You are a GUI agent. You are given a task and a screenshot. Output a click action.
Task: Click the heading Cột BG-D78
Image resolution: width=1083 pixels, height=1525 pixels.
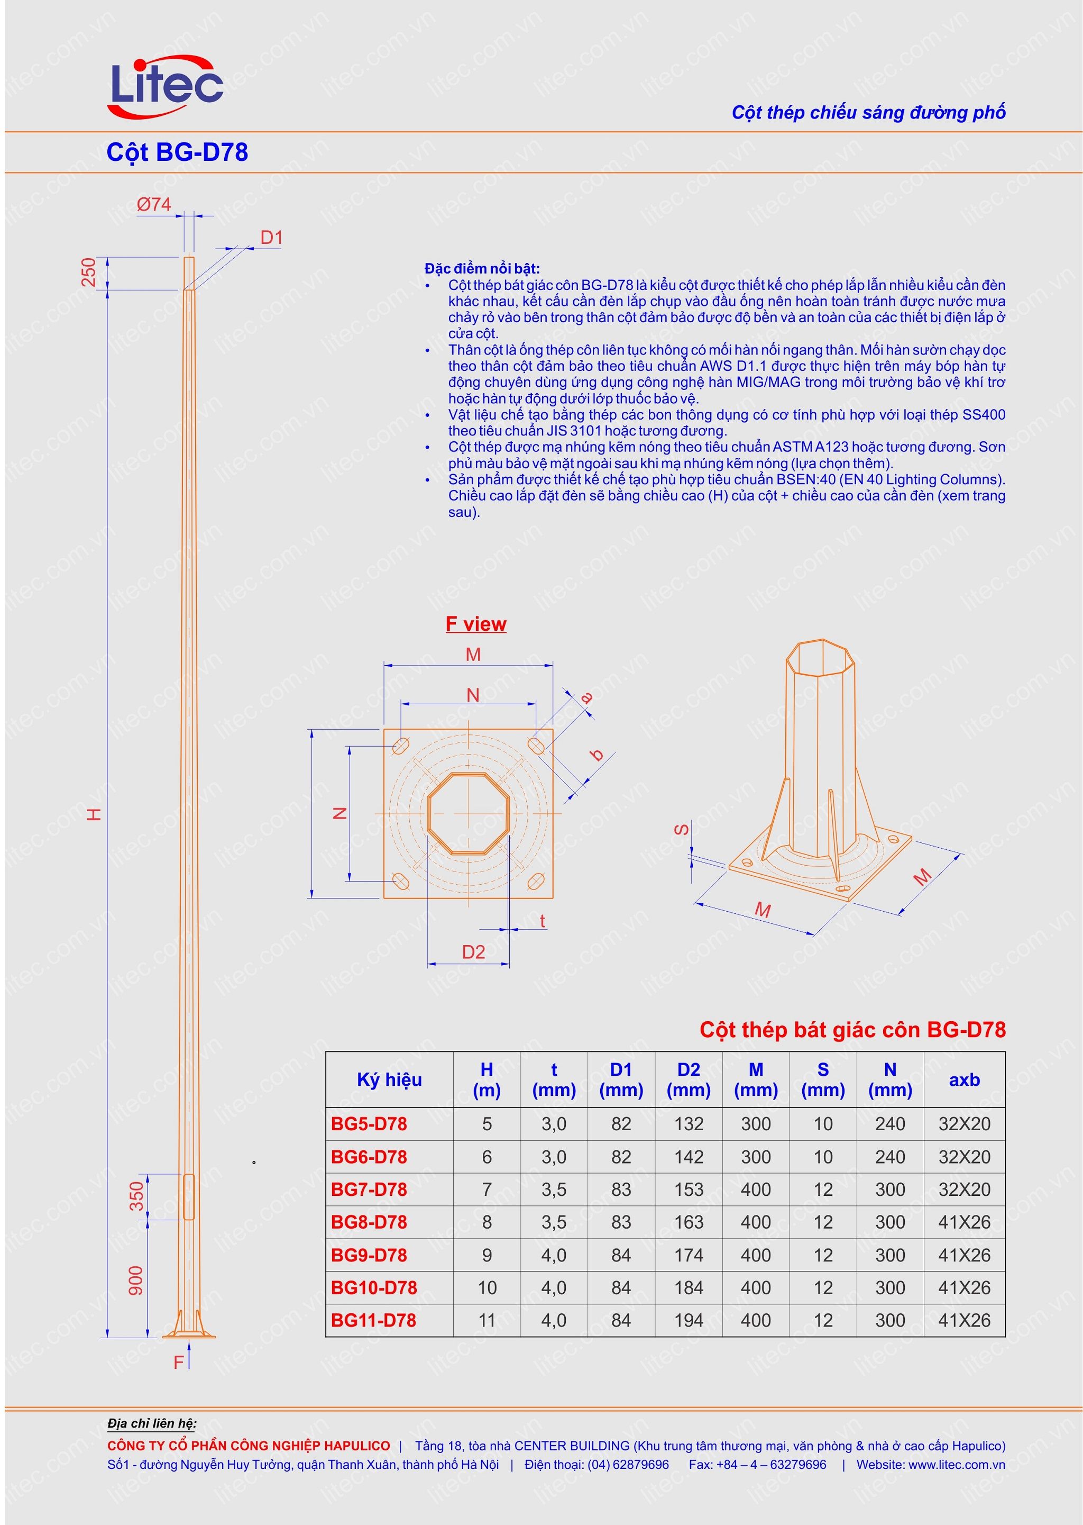click(177, 152)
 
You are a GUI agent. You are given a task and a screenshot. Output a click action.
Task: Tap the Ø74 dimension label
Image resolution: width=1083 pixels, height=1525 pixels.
click(153, 205)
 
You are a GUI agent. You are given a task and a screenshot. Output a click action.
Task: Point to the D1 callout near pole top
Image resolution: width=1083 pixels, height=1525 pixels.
click(271, 238)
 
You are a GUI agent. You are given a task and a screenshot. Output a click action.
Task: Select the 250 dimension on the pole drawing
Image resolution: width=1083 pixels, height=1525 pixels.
click(89, 273)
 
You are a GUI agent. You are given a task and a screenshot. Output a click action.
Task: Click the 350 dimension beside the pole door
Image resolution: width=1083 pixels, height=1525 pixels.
click(137, 1196)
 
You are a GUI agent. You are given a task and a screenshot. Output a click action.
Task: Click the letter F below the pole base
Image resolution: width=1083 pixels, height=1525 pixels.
click(178, 1362)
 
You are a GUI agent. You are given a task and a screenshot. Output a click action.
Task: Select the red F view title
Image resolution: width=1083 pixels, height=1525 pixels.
click(475, 624)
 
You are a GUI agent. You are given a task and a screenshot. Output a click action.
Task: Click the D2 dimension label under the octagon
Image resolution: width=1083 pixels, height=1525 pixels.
click(473, 952)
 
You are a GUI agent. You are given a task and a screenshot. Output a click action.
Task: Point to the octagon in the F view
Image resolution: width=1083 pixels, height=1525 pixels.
click(468, 813)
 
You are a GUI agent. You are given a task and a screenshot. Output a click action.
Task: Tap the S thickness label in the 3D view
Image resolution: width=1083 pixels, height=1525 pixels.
click(682, 829)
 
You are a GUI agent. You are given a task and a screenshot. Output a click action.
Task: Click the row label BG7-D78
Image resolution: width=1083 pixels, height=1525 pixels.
click(369, 1190)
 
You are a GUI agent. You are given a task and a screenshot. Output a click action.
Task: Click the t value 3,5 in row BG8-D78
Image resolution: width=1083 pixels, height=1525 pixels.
click(554, 1222)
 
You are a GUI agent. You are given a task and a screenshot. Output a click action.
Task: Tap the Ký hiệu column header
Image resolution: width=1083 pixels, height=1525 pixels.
click(389, 1079)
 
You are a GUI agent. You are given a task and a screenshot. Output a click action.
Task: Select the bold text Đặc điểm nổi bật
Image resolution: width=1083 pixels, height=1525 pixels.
click(482, 268)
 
